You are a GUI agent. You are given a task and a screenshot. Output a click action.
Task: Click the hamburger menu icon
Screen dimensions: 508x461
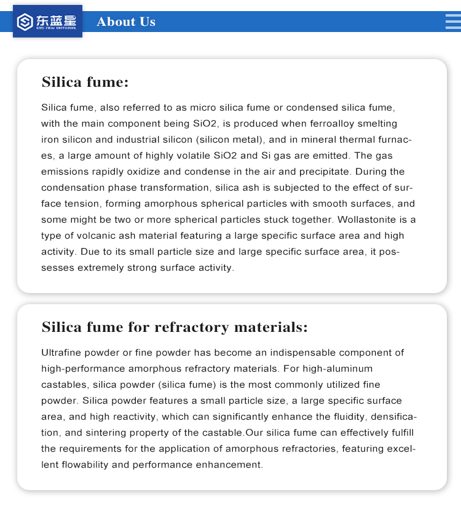[x=452, y=22]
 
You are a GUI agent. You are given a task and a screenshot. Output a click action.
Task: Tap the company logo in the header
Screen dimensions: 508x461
[x=47, y=22]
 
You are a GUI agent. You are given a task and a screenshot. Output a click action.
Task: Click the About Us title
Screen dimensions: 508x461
[x=126, y=22]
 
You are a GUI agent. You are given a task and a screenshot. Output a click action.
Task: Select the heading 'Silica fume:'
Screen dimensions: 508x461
[x=85, y=83]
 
